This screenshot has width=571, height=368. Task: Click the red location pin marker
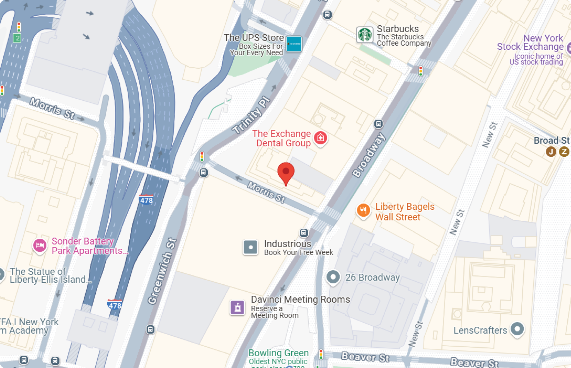coord(286,172)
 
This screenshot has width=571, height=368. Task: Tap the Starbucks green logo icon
coord(365,35)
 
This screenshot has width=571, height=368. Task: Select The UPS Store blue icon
coord(294,44)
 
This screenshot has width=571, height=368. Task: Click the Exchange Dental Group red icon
coord(320,138)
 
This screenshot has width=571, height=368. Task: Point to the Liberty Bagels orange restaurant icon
coord(363,210)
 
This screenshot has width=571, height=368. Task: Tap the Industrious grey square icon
coord(250,247)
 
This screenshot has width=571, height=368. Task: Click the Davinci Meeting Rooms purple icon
coord(237,308)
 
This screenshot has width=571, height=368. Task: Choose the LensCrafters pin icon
coord(517,329)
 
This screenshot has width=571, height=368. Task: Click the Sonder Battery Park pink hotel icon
coord(40,246)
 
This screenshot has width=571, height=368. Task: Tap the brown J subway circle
coord(551,152)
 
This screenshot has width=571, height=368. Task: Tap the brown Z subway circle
coord(564,152)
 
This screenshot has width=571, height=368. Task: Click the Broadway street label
coord(369,155)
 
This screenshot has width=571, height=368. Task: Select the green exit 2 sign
coord(17,38)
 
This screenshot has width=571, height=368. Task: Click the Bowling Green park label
coord(278,353)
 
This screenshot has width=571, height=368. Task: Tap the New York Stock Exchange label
coord(530,42)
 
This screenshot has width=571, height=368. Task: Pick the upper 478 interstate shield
coord(146,200)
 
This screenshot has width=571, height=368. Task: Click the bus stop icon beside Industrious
coord(304,233)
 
